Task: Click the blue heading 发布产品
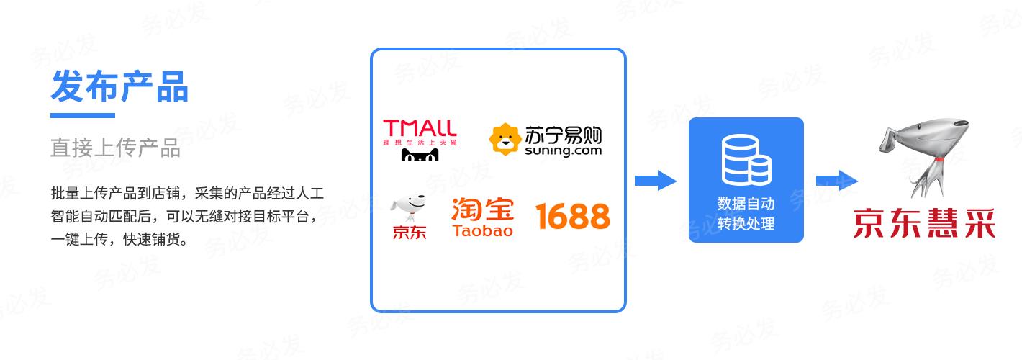point(119,86)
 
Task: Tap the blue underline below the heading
point(83,115)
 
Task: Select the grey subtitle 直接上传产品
point(115,148)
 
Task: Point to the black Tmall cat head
point(420,155)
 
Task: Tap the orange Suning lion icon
point(505,139)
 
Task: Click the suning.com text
point(563,150)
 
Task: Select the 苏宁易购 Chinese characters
point(563,135)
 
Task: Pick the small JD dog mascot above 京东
point(408,207)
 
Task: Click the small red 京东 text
point(410,233)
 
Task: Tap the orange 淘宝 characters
point(482,210)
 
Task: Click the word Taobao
point(482,230)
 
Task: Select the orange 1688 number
point(573,216)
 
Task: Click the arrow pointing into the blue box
point(656,181)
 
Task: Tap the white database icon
point(746,159)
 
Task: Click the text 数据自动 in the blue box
point(746,204)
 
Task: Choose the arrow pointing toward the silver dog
point(837,181)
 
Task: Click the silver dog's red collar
point(939,159)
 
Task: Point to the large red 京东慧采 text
point(924,223)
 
